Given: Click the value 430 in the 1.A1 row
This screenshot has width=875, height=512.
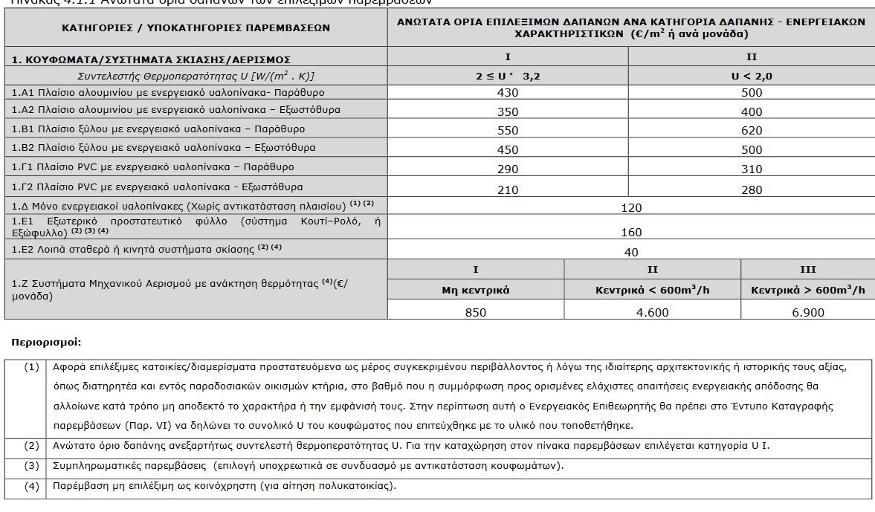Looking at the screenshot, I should click(508, 93).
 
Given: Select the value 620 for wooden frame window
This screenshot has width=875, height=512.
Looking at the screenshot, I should click(752, 130).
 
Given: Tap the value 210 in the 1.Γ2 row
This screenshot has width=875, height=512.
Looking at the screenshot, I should click(508, 189).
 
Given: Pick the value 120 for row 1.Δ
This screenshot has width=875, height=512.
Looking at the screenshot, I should click(630, 207).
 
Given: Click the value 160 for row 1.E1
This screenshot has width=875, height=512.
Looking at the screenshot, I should click(630, 233).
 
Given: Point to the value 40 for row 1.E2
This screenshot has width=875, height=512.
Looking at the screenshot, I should click(630, 252).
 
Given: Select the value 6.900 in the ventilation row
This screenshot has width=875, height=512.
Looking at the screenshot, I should click(807, 312).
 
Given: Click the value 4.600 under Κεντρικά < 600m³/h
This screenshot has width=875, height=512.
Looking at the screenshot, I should click(652, 312).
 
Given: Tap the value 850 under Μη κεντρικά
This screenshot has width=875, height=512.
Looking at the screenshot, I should click(475, 312).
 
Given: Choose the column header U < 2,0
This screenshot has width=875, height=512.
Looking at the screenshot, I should click(752, 76).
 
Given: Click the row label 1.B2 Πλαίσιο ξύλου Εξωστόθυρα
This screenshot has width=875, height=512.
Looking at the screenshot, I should click(164, 148).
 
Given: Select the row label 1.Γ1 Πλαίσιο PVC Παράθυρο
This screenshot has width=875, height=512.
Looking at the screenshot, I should click(152, 167).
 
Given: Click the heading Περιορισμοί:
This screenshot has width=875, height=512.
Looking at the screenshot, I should click(46, 343).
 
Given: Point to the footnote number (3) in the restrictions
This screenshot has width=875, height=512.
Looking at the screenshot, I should click(31, 466).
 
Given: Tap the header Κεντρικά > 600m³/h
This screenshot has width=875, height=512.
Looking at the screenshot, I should click(807, 290).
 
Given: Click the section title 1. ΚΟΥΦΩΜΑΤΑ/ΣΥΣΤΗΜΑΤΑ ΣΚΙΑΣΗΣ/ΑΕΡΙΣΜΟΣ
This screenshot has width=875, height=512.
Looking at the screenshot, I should click(151, 59).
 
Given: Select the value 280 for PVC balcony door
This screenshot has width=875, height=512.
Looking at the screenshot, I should click(752, 189).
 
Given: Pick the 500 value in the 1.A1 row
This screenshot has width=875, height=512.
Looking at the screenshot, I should click(752, 93).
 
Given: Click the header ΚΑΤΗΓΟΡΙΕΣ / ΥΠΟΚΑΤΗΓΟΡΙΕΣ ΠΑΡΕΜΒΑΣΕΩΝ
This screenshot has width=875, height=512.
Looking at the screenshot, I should click(196, 28).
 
